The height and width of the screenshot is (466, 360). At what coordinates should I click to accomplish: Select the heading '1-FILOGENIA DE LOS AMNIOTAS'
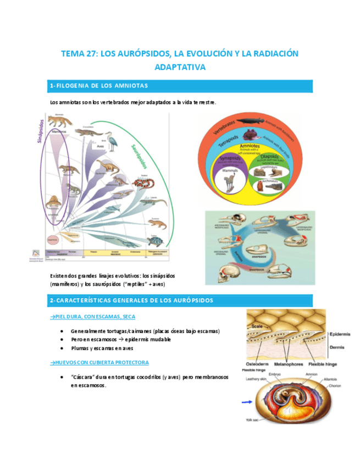(99, 86)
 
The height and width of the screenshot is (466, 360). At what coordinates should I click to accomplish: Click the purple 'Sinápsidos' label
(40, 132)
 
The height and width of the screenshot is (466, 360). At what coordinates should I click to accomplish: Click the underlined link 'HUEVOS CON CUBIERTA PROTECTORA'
(99, 363)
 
